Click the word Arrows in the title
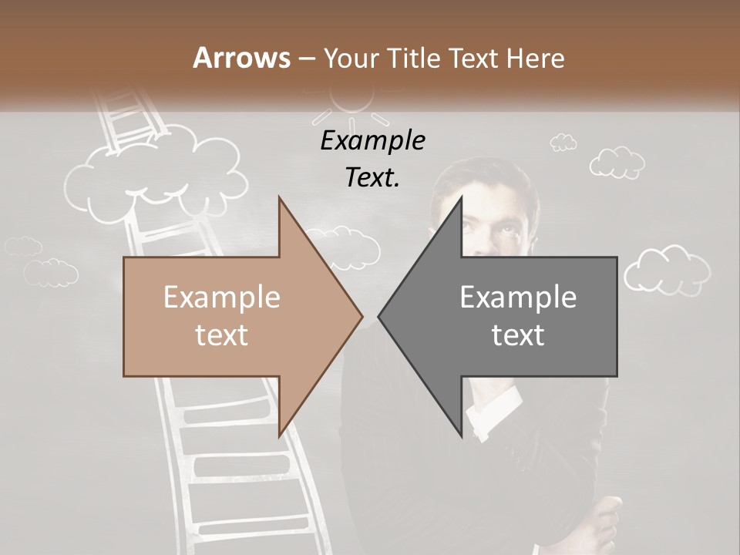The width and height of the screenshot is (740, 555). click(241, 58)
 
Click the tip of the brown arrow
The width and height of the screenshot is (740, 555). click(361, 316)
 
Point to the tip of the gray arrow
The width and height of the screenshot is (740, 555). click(380, 316)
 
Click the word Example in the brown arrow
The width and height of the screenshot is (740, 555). click(222, 298)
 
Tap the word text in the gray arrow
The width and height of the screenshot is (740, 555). click(518, 335)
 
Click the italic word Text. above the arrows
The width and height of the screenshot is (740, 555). click(372, 177)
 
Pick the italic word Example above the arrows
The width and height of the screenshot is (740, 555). click(372, 141)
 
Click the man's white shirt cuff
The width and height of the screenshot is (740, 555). click(493, 409)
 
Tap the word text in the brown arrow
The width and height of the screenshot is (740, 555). click(222, 335)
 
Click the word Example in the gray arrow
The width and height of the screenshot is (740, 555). click(518, 298)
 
